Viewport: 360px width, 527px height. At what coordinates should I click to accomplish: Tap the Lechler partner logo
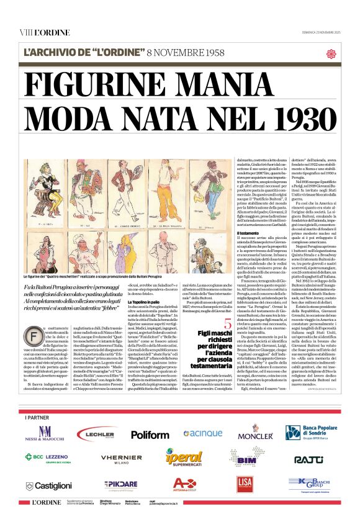(96, 434)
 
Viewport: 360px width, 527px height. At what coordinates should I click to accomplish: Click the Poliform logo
(150, 435)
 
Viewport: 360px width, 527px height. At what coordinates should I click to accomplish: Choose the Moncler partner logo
(255, 433)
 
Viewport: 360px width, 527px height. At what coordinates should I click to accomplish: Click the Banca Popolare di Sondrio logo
(310, 433)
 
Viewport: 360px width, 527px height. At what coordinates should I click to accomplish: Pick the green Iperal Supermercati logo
(184, 458)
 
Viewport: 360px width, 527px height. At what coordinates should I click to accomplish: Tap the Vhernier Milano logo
(122, 459)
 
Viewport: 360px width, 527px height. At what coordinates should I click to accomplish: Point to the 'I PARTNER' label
(37, 417)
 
